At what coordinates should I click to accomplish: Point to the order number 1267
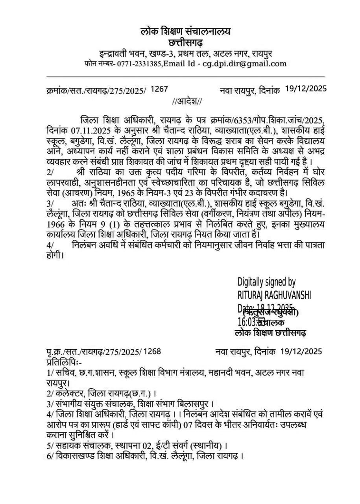click(159, 90)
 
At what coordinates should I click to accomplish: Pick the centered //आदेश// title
click(187, 102)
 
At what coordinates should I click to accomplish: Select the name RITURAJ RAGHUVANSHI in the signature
click(274, 295)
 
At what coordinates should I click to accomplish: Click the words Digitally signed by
click(266, 282)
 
